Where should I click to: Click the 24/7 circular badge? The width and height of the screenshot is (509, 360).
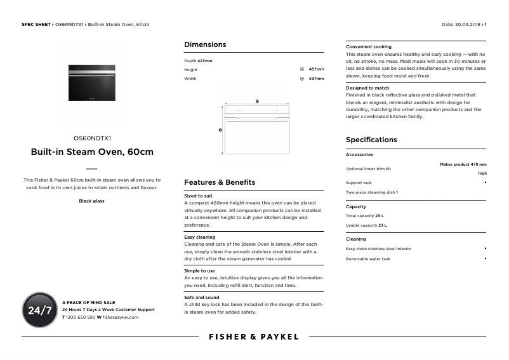tap(39, 310)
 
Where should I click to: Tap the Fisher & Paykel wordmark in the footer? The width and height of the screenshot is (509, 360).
tap(254, 337)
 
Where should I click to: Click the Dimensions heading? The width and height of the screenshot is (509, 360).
tap(205, 44)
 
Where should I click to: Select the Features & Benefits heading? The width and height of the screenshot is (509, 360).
tap(220, 182)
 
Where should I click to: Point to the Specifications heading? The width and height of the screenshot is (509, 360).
tap(371, 140)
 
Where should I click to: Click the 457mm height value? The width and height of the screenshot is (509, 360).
tap(316, 69)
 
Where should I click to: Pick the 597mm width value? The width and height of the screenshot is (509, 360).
tap(316, 79)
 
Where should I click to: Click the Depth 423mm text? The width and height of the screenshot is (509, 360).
tap(198, 60)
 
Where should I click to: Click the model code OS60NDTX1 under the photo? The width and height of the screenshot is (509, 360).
tap(92, 138)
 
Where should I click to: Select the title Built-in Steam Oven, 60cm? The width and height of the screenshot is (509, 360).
tap(92, 152)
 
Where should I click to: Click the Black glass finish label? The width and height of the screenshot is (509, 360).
tap(91, 201)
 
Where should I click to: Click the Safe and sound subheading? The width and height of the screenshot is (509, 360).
tap(202, 297)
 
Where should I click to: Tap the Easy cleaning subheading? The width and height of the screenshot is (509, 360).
tap(200, 237)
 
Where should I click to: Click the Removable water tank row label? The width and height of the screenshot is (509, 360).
tap(368, 258)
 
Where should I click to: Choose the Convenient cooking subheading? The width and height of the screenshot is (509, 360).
tap(369, 47)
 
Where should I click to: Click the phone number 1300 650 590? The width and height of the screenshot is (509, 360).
tap(81, 316)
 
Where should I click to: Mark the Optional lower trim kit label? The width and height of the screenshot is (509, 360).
tap(368, 169)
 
